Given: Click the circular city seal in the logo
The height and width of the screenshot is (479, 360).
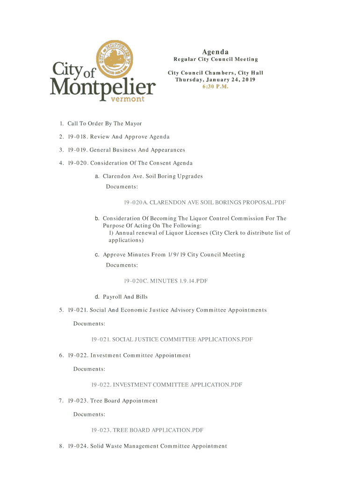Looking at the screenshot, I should point(113,59).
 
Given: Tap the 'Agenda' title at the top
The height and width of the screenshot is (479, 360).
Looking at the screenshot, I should point(215,51).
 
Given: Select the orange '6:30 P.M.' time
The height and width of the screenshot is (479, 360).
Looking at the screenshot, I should point(215,87).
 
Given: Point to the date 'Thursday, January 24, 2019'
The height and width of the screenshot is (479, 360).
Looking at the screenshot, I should point(215,80).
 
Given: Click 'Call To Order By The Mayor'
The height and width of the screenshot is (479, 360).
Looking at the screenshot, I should point(104,123).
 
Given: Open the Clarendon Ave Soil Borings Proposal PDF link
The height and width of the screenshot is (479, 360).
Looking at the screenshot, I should point(205,203).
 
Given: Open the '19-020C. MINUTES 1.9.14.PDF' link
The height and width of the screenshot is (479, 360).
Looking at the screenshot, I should point(166,281).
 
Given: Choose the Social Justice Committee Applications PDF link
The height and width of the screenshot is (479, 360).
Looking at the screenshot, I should point(172,339).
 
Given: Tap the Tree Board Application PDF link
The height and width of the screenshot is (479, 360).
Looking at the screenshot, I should point(147,430).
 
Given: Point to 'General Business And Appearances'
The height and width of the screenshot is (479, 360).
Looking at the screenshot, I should point(137,150).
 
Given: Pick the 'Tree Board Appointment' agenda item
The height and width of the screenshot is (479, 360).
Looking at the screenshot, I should point(124,400).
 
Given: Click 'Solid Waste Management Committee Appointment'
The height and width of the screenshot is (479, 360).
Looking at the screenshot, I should point(158,446).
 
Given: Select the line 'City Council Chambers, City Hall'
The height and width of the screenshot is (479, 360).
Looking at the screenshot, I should point(215,73).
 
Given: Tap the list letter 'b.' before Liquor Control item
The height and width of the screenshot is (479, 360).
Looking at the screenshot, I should point(97,218).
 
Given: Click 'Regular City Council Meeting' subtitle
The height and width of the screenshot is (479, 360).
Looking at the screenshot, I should point(216,59).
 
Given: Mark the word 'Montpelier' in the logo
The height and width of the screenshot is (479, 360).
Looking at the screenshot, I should point(103,87).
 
